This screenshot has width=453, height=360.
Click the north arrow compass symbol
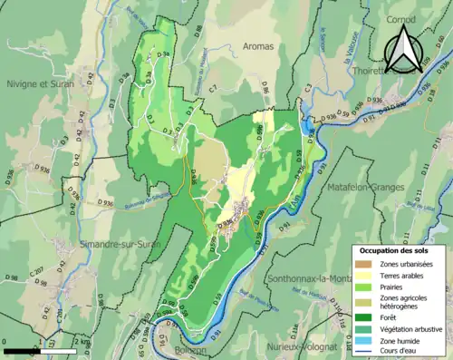point(407,50)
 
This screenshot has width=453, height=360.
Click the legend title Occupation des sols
point(396,249)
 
